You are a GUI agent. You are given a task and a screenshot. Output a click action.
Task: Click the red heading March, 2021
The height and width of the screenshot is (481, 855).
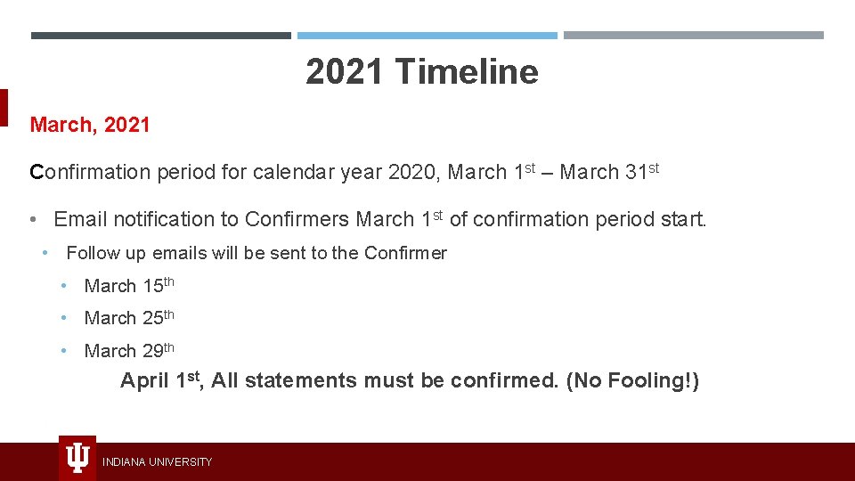(x=90, y=125)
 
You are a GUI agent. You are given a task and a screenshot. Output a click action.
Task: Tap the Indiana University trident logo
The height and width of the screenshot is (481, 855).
(x=77, y=458)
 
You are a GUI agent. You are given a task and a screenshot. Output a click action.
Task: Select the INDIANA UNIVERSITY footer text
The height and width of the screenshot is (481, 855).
(x=157, y=461)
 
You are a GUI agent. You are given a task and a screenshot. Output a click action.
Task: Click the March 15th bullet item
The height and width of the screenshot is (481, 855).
(x=128, y=286)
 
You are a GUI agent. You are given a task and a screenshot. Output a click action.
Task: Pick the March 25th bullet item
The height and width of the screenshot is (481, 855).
(x=128, y=318)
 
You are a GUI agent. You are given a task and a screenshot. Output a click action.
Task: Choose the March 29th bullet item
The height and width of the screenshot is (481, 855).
(x=128, y=350)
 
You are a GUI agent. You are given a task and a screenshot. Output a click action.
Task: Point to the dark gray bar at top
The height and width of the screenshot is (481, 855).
(x=161, y=36)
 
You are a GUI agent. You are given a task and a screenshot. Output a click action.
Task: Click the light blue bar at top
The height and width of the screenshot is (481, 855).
(x=427, y=36)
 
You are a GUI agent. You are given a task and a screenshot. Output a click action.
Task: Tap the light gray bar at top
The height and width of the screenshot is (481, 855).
(x=694, y=36)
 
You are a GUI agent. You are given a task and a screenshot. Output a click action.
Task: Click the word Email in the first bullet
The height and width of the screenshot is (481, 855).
(x=80, y=219)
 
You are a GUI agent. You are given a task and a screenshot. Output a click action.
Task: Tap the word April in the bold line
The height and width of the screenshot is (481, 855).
(x=145, y=381)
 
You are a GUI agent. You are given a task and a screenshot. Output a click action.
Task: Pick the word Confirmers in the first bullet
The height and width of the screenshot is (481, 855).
(x=297, y=219)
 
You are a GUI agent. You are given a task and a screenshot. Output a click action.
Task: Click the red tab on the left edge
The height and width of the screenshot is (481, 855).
(x=4, y=108)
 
